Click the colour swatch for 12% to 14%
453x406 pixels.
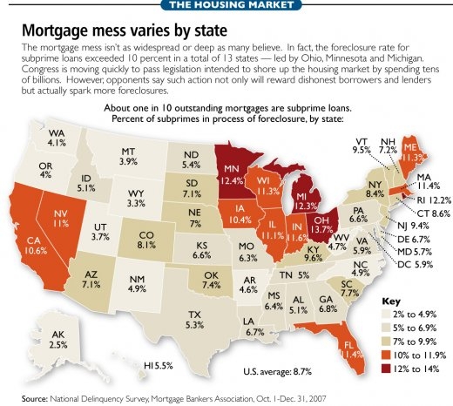tap(389, 369)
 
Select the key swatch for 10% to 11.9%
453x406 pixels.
tap(389, 356)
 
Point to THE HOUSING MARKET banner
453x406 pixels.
tap(226, 6)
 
